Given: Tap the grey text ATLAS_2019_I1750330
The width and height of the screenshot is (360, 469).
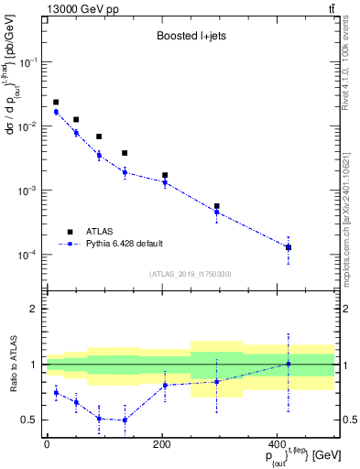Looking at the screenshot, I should click(189, 274).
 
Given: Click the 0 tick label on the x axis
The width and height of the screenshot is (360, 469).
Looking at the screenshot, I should click(47, 444).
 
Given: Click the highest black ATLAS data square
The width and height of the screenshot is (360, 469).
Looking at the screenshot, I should click(56, 103).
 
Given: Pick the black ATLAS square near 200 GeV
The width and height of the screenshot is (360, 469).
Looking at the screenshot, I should click(165, 175).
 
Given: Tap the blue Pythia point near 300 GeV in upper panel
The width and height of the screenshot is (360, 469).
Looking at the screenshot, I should click(217, 213).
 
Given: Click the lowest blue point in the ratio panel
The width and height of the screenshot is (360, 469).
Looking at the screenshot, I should click(125, 420).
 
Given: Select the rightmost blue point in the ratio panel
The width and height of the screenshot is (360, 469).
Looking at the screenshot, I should click(289, 364).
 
